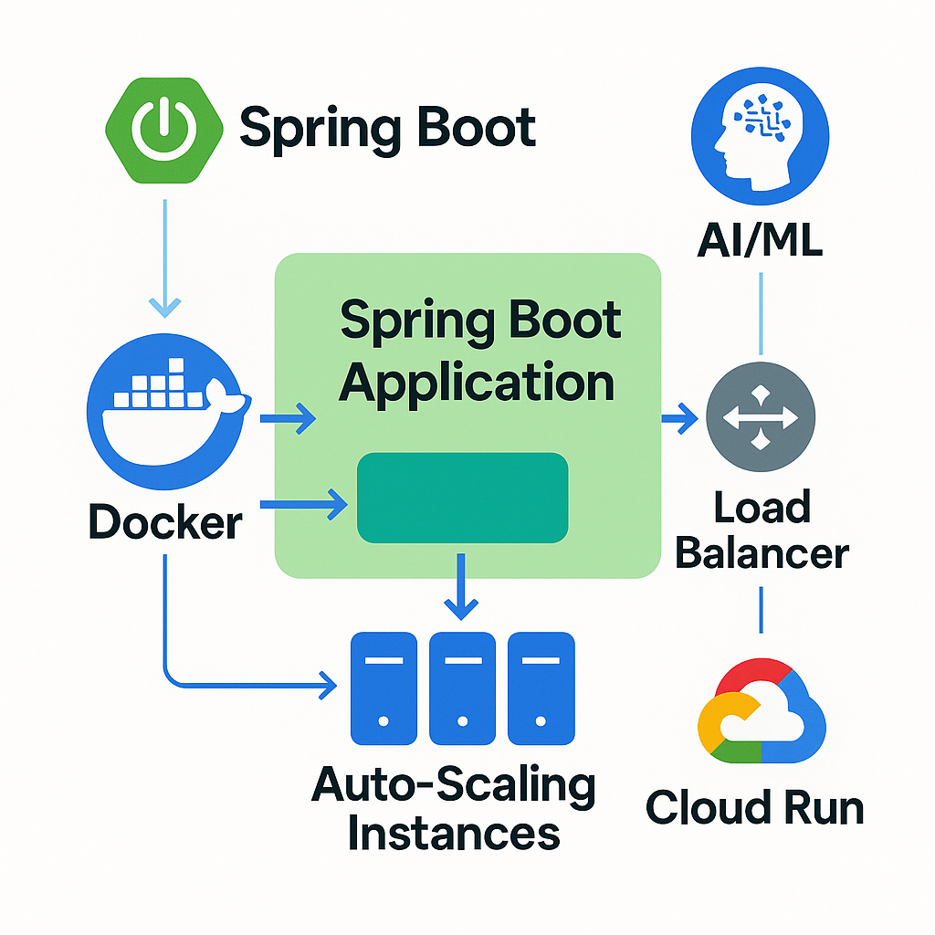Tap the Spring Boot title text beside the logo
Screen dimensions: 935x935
pos(387,127)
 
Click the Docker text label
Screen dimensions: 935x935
pos(165,523)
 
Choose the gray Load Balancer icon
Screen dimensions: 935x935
pos(761,418)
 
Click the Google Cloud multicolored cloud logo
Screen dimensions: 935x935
pos(761,712)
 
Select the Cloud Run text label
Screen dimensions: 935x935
pos(754,808)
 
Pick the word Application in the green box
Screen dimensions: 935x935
pos(477,382)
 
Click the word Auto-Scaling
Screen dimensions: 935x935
pos(454,785)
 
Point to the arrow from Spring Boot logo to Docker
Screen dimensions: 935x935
pos(165,260)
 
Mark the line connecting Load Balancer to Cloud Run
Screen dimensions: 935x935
pos(761,609)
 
